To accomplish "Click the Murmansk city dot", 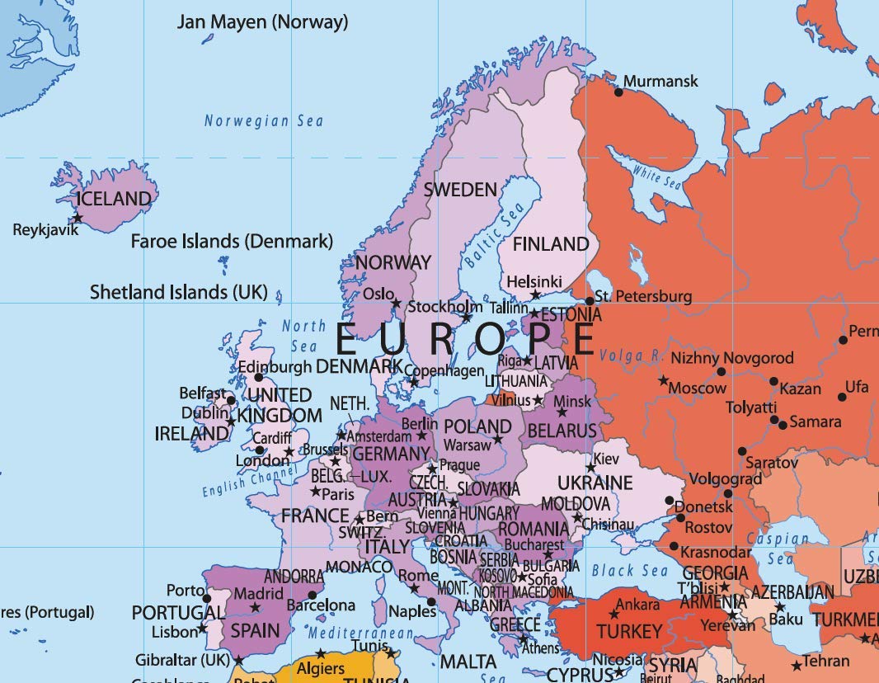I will coord(618,92).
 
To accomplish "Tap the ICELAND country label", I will coord(114,199).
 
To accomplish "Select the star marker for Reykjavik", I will coord(78,218).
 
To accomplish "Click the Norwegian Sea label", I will coord(264,121).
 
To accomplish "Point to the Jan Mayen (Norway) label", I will coord(262,22).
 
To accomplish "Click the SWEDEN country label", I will coord(460,190).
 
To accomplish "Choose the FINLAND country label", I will coord(551,244).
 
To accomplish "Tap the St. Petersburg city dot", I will coord(590,301).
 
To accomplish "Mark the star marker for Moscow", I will coord(663,380).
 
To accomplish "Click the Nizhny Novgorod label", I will coord(732,358).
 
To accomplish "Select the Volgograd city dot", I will coord(728,493).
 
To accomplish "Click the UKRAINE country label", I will coord(595,483).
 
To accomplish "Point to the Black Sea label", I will coord(630,571).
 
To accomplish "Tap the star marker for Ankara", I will coord(614,614).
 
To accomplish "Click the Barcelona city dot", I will coord(313,595).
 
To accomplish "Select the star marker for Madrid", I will coord(256,608).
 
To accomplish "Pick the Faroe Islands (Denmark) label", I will coord(232,242).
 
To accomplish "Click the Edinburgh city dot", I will coord(258,378).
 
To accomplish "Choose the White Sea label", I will coord(658,177).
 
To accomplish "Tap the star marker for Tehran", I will coord(797,666).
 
